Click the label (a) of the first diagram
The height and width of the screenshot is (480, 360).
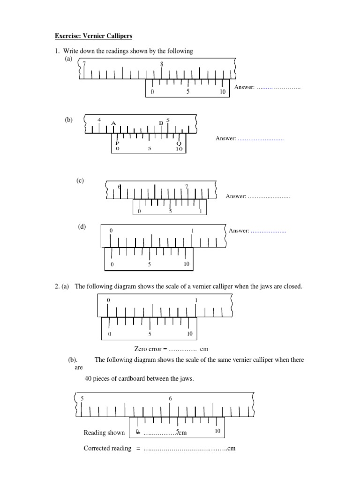(69, 59)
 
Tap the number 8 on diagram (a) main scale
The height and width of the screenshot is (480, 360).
(162, 64)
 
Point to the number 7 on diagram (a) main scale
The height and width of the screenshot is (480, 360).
(84, 64)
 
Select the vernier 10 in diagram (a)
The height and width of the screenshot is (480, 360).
(223, 92)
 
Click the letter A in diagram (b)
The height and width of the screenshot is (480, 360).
(113, 123)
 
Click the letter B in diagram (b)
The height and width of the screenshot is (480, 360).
(161, 123)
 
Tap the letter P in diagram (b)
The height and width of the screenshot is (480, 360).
(117, 143)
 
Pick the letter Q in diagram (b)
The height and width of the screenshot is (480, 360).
(179, 143)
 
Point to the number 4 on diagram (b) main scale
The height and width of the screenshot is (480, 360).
(99, 120)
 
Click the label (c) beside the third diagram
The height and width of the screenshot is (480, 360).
(81, 180)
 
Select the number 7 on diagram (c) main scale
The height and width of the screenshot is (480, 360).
(187, 187)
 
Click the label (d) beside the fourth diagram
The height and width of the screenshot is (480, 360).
(82, 227)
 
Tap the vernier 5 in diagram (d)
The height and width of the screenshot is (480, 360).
(150, 264)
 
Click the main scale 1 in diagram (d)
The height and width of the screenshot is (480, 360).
(193, 231)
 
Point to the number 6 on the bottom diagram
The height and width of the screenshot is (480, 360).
(170, 398)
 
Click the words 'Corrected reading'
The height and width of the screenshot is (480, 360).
(107, 448)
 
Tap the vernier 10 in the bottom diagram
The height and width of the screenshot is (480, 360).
(217, 431)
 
